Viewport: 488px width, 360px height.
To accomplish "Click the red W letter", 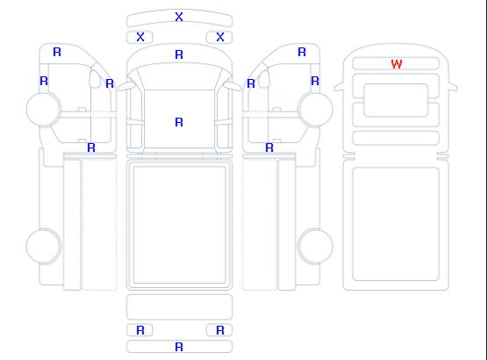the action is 397,64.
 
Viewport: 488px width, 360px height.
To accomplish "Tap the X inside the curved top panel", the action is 179,17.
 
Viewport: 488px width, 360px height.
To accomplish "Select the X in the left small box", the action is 140,37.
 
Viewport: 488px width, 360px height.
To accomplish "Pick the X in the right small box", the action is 220,37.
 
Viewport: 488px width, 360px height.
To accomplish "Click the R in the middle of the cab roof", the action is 179,122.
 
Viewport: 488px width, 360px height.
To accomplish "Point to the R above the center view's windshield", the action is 179,54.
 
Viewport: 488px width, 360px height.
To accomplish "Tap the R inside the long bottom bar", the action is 179,347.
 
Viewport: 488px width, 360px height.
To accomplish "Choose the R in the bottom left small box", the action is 140,330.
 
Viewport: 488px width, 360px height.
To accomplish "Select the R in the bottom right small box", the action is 220,330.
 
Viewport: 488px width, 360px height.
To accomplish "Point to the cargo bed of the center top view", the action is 179,225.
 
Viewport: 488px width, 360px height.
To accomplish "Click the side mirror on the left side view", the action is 95,79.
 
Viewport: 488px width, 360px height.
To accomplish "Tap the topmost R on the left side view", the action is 57,52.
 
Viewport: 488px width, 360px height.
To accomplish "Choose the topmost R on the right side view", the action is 302,52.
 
